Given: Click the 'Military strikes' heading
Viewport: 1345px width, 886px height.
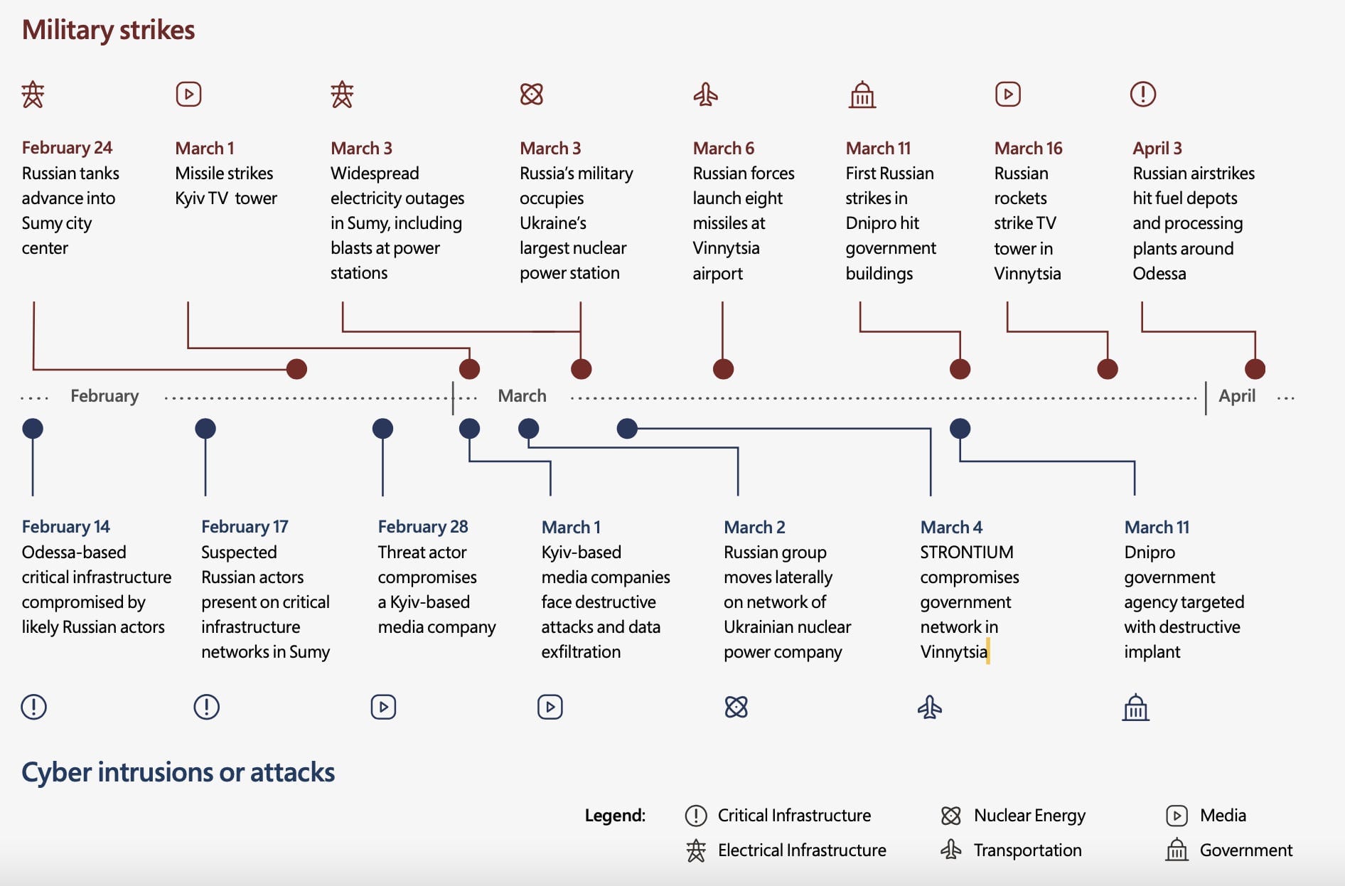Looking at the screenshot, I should point(108,30).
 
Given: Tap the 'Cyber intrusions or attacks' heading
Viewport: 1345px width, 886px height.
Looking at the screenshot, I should point(178,772).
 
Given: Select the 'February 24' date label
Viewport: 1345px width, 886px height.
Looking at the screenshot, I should point(67,148).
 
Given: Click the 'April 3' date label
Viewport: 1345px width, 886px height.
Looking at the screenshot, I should point(1157,148).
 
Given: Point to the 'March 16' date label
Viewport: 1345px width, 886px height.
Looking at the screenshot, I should point(1028,148).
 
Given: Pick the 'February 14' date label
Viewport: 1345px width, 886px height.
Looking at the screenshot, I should point(65,527).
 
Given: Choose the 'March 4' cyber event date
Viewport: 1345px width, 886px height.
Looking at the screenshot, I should point(951,527).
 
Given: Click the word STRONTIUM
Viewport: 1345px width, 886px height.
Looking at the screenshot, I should point(967,553).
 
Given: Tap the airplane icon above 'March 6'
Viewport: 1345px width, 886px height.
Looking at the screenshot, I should point(705,95).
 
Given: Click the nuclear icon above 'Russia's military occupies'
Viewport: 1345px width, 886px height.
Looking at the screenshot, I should point(532,95).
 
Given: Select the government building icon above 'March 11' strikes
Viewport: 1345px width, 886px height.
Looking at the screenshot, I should point(862,95).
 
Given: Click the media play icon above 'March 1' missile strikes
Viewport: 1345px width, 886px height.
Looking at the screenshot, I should point(188,95).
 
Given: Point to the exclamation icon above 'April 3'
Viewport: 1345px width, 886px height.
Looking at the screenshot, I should point(1143,95).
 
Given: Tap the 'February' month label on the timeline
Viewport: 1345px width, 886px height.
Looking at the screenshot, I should point(105,396).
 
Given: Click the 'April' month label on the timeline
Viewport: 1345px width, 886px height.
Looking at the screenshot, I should point(1237,396).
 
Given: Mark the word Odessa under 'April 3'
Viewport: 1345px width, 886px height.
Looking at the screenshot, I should point(1159,274).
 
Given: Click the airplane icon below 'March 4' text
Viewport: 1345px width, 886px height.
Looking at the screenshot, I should point(929,708).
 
